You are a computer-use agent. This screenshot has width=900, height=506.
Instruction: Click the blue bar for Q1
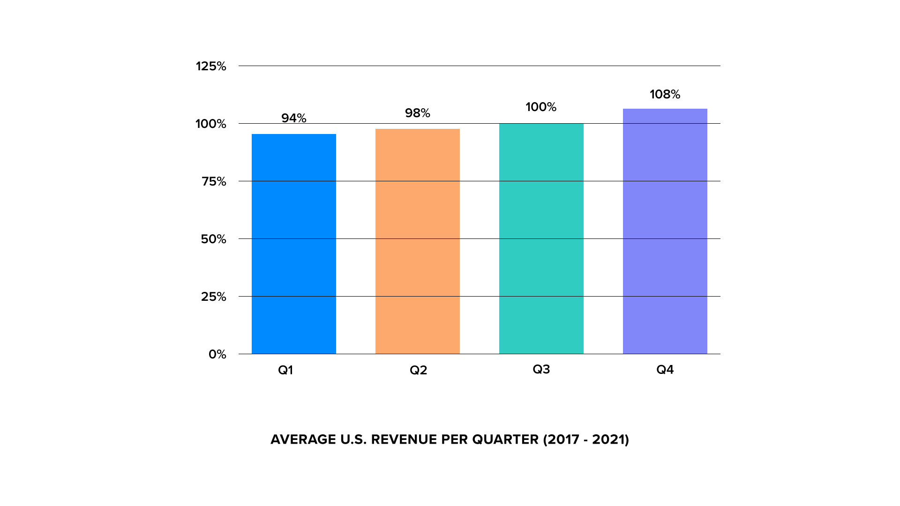294,244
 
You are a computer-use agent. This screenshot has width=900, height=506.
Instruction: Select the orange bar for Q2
418,241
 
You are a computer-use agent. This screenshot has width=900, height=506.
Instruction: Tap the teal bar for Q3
541,239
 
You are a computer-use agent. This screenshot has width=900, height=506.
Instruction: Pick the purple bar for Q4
665,231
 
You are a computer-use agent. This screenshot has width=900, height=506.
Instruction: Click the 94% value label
294,118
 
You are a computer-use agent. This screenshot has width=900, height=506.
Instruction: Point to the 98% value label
418,113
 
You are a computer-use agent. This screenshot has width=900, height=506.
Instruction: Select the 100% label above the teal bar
541,107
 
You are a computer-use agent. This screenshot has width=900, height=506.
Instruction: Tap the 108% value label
665,94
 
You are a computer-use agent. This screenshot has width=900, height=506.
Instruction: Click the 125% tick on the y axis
211,66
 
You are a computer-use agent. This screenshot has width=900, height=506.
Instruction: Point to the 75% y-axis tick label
214,181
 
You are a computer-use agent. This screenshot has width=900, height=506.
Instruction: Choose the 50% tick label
213,239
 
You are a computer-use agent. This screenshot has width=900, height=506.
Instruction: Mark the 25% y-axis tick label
213,297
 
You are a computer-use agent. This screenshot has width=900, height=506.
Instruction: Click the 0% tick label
217,354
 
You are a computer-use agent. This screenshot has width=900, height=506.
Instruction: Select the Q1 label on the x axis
285,370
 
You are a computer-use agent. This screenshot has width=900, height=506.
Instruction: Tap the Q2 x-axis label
418,370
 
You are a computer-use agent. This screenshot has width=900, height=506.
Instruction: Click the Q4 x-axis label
665,370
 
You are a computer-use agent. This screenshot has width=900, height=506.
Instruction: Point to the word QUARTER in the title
505,439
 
